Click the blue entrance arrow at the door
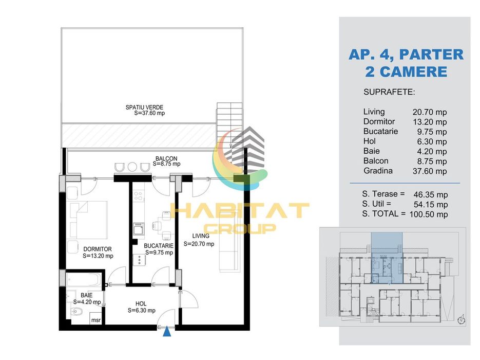(x=167, y=332)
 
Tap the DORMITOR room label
(x=98, y=249)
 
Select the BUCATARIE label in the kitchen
(x=159, y=246)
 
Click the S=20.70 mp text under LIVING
(x=199, y=244)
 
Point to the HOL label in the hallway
(x=141, y=303)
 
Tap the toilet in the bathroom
(x=77, y=312)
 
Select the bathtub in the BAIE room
(x=84, y=279)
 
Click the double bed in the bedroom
(x=88, y=220)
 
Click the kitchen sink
(x=139, y=229)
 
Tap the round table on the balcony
(x=132, y=167)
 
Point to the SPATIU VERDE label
(x=144, y=107)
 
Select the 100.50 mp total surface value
(x=429, y=214)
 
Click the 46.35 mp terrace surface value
(x=431, y=195)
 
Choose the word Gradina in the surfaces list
(x=378, y=171)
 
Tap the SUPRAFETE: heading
(x=389, y=92)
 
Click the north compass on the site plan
(x=462, y=320)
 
